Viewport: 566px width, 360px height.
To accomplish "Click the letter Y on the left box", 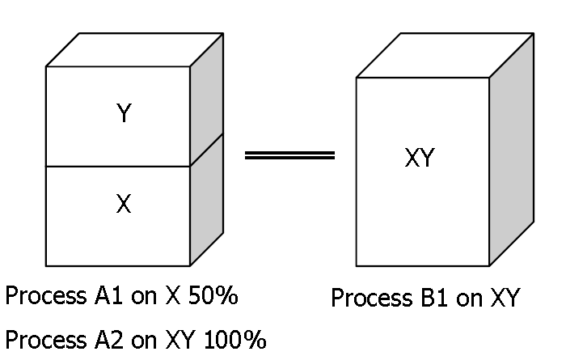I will coord(123,115).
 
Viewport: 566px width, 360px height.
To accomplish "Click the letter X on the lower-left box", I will coord(123,205).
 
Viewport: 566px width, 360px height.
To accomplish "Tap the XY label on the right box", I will coord(420,159).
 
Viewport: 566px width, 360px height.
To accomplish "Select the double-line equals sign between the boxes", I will coord(289,155).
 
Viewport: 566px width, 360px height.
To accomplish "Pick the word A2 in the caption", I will coord(114,339).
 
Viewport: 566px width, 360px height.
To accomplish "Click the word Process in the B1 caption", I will coord(370,299).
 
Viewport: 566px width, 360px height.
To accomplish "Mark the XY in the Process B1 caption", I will coord(501,299).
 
